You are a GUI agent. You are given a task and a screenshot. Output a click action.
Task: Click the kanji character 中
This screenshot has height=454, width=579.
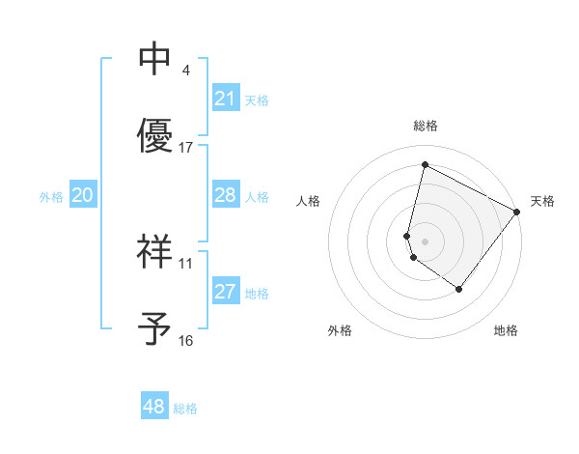[x=154, y=59]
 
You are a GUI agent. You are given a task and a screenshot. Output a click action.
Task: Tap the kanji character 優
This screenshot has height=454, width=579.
[x=154, y=135]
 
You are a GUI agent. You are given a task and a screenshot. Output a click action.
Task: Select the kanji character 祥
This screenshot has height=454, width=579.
[x=154, y=251]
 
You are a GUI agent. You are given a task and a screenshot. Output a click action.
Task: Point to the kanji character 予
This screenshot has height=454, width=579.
[x=154, y=328]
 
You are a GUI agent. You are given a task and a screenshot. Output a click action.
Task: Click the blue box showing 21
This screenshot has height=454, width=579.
[x=225, y=99]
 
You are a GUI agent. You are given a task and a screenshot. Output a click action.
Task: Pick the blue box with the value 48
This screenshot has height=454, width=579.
[x=154, y=407]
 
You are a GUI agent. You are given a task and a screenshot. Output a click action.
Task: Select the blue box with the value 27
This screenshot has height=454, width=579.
[x=225, y=292]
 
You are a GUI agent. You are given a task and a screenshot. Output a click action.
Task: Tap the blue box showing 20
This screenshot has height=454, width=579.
[x=83, y=195]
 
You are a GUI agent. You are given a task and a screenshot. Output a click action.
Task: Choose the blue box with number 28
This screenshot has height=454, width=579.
[x=225, y=195]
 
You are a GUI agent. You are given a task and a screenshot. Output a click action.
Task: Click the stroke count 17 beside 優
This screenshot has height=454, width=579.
[x=186, y=148]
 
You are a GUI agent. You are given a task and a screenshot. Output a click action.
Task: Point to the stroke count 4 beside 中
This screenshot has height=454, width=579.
[x=185, y=71]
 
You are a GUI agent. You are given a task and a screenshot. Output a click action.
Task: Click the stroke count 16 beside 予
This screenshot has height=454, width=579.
[x=186, y=341]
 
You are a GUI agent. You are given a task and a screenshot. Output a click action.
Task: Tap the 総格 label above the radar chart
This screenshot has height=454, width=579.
[x=426, y=126]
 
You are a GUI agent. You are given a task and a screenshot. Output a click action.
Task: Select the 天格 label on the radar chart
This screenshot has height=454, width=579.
[x=542, y=201]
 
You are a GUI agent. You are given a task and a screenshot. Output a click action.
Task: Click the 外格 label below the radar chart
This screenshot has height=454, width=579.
[x=340, y=331]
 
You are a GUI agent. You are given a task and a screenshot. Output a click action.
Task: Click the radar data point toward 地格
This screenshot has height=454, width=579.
[x=458, y=289]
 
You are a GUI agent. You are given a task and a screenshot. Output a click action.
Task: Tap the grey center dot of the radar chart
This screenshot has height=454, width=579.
[x=425, y=241]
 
